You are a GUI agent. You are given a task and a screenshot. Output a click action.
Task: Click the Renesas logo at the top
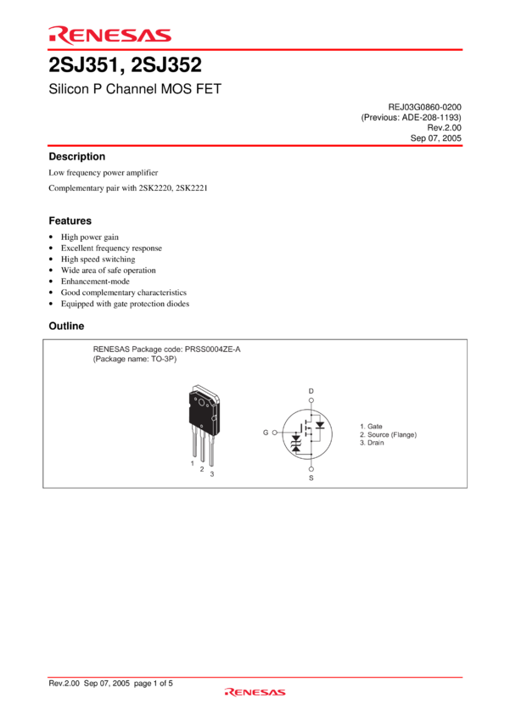click(110, 36)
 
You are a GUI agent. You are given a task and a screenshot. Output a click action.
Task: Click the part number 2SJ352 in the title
click(166, 64)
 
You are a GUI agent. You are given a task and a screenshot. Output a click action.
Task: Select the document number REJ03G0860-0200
click(424, 107)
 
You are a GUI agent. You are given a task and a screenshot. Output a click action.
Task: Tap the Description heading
click(77, 156)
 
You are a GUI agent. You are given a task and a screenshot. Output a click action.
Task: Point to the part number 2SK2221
click(191, 188)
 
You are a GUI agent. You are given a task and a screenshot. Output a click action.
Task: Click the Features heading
click(70, 221)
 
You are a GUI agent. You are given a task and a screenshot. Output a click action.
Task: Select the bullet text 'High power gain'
click(90, 238)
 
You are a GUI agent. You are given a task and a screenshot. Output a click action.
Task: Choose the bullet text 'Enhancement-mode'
click(95, 282)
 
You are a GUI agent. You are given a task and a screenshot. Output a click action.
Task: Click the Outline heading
click(66, 326)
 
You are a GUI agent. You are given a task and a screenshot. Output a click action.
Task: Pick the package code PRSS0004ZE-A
click(212, 349)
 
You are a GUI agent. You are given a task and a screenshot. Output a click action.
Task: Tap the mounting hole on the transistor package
click(201, 402)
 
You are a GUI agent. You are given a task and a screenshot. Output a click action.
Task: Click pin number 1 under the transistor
click(193, 463)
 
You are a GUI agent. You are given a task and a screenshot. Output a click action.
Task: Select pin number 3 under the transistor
click(212, 473)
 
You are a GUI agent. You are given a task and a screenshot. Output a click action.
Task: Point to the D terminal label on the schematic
click(311, 391)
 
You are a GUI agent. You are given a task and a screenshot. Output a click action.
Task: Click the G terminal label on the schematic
click(266, 433)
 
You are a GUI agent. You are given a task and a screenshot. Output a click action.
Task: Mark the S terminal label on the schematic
click(311, 478)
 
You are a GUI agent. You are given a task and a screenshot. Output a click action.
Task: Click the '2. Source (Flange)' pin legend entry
click(388, 434)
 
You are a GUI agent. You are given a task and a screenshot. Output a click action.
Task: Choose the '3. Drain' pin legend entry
click(372, 443)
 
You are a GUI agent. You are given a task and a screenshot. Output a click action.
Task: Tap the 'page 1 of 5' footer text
click(153, 684)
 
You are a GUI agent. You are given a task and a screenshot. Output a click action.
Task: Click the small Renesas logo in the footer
click(255, 692)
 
